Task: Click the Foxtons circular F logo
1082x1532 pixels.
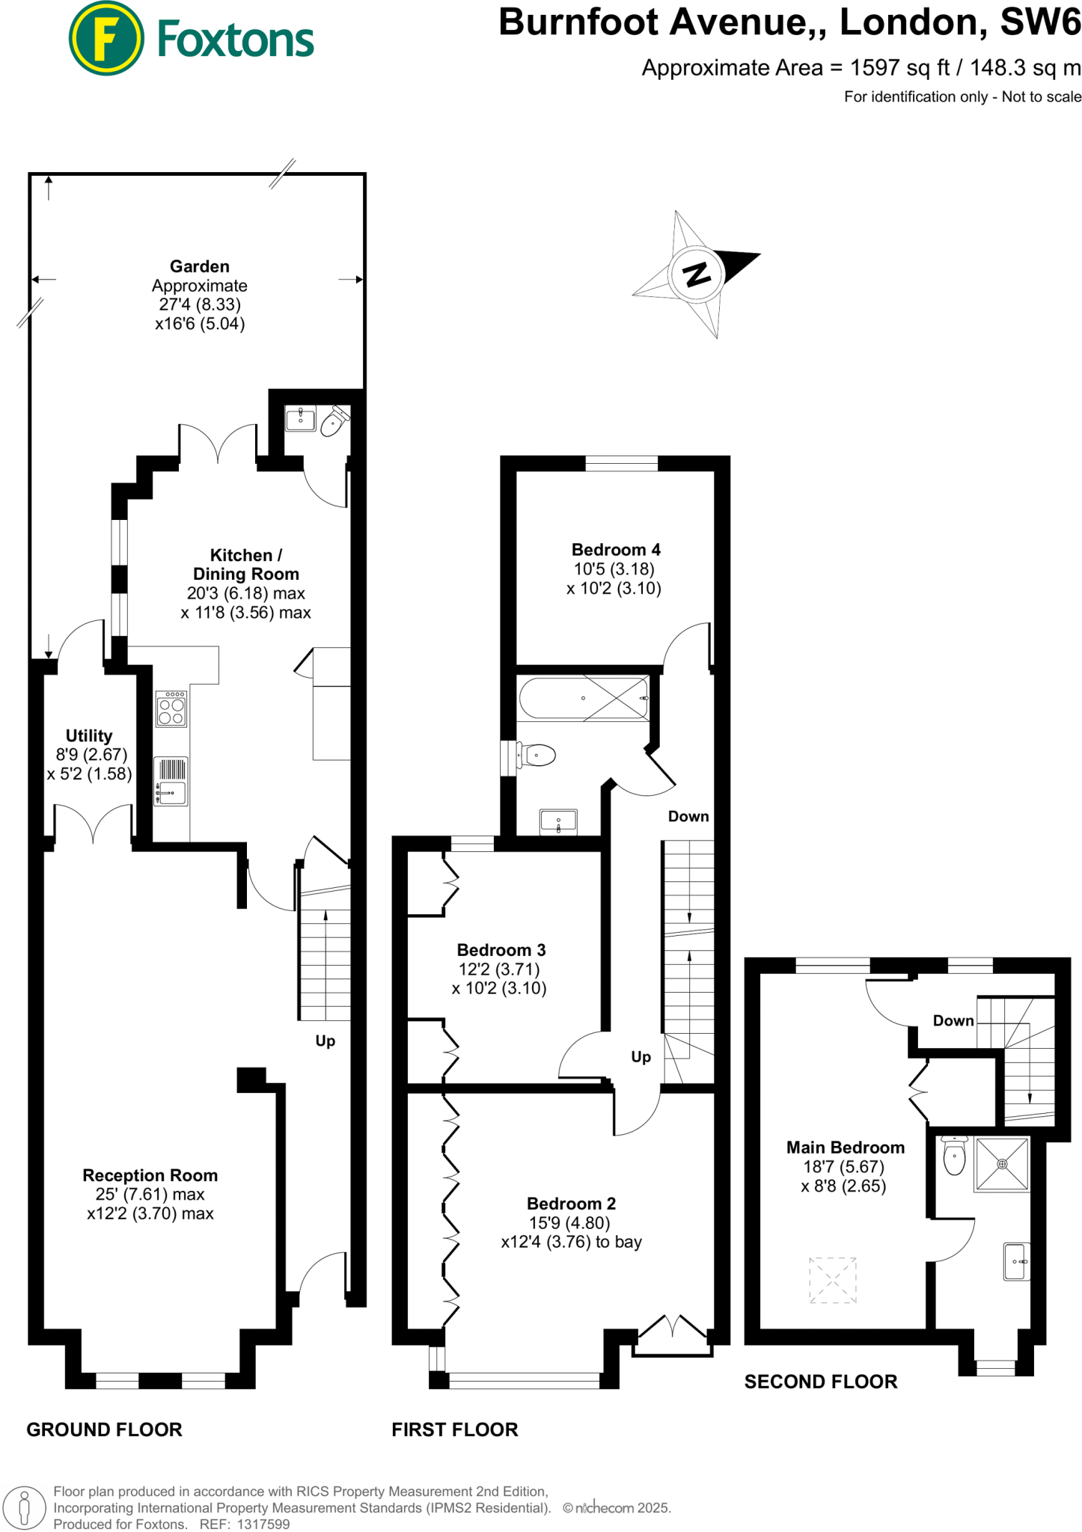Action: point(106,38)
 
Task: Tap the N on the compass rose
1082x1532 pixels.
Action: point(697,275)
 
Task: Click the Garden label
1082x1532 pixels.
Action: point(200,266)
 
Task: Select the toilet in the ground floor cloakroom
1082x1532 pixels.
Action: point(332,423)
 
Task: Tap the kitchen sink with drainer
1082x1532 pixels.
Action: point(171,782)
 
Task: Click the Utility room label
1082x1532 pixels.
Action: point(89,735)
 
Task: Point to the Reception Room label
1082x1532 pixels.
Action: point(150,1175)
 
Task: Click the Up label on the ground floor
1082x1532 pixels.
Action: point(325,1041)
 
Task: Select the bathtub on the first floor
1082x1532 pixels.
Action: point(584,698)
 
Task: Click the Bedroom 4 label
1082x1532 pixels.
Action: point(616,550)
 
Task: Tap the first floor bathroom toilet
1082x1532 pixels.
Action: point(537,756)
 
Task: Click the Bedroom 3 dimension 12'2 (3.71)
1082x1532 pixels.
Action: point(498,969)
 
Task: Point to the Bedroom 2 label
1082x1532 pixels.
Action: point(571,1204)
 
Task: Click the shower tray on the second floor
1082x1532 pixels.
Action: point(1002,1164)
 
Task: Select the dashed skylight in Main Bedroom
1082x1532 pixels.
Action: point(832,1281)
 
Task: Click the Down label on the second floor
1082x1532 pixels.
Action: point(953,1021)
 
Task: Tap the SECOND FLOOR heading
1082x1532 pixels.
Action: point(820,1382)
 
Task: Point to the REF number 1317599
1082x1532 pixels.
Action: point(263,1525)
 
